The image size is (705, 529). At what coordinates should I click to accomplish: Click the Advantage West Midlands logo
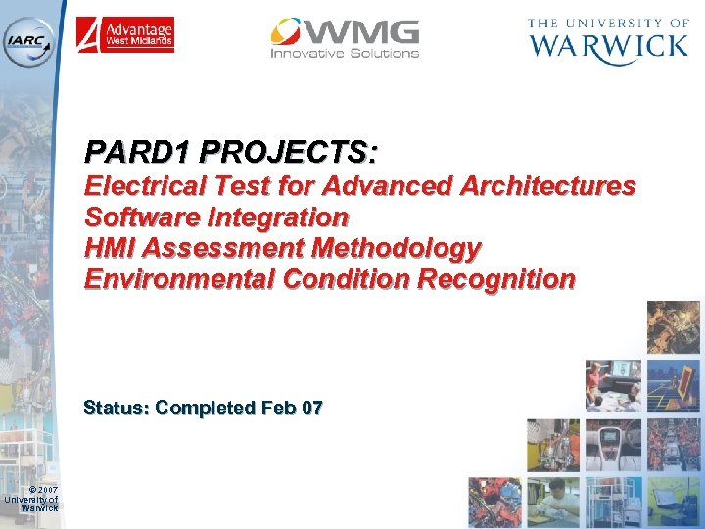point(125,35)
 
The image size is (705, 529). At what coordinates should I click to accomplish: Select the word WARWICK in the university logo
point(608,46)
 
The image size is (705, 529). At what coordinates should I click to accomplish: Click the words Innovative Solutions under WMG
point(345,53)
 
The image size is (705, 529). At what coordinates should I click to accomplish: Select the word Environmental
point(179,279)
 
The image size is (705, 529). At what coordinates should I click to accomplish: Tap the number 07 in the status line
point(312,408)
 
